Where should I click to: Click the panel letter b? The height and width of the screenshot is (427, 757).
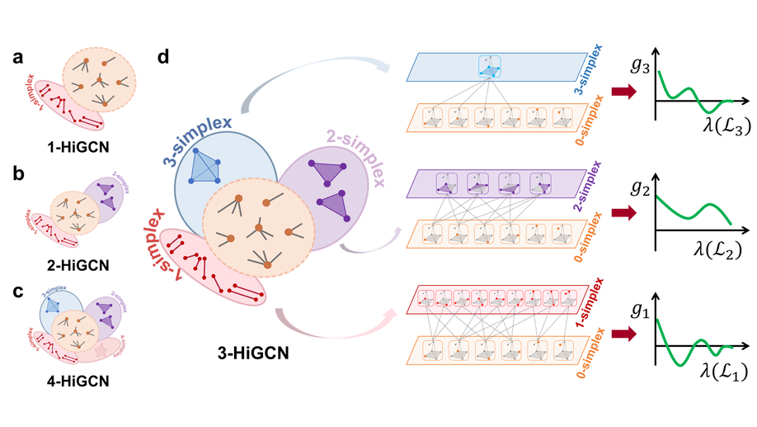(x=17, y=175)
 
